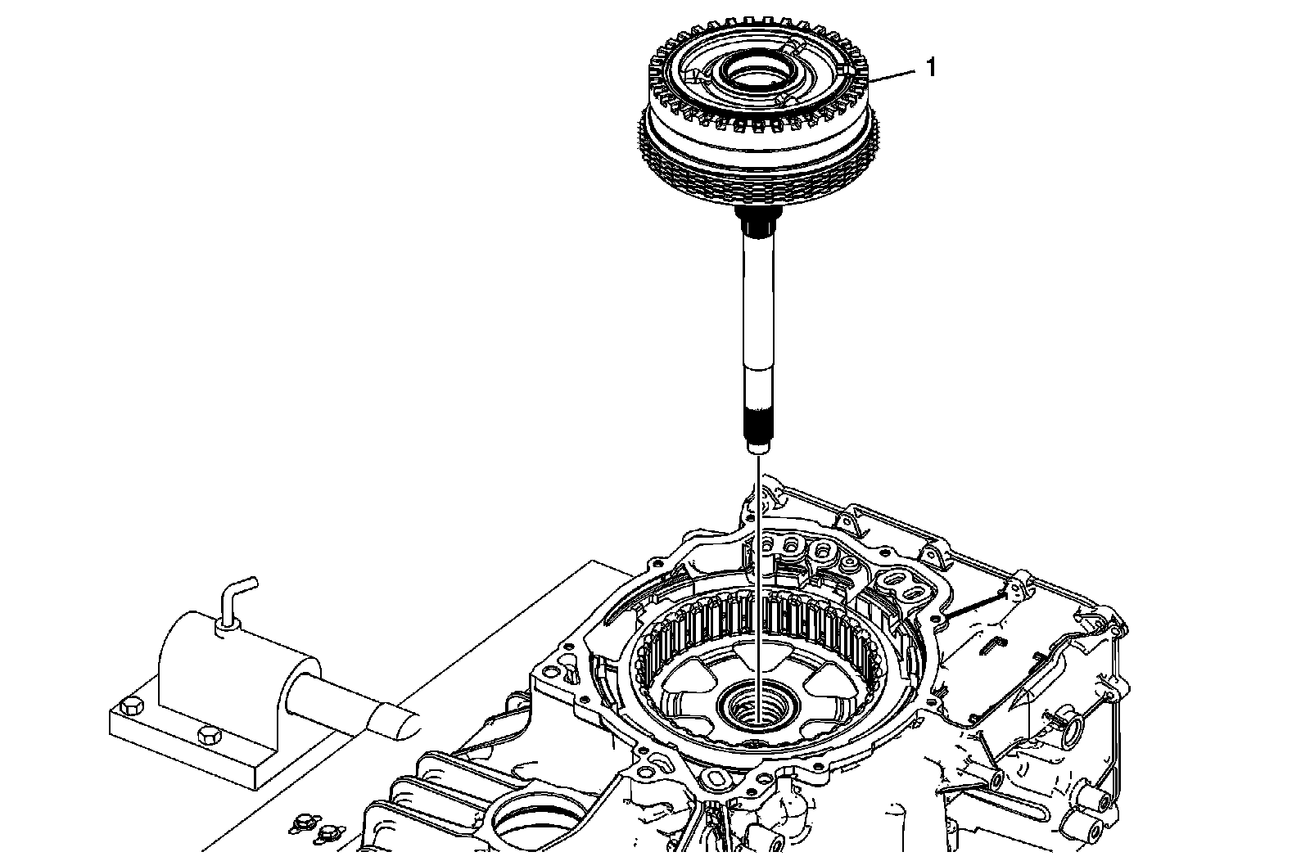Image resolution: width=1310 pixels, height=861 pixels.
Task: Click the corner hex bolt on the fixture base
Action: pos(128,705)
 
